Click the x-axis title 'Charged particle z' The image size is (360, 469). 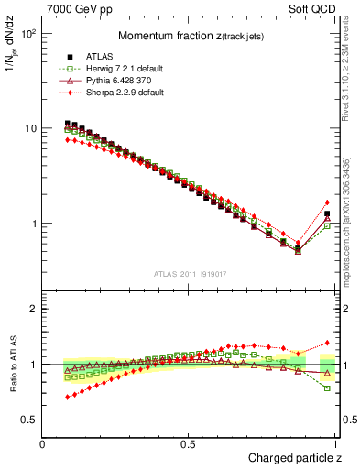point(295,456)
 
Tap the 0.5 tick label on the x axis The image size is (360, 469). point(190,443)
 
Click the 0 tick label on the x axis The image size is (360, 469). point(43,443)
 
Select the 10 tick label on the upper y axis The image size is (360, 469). point(30,128)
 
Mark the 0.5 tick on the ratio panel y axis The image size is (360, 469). point(30,420)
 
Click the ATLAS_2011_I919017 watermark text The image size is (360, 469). point(190,272)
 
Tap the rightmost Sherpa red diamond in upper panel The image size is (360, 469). point(327,202)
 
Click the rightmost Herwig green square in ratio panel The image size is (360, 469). point(327,388)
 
